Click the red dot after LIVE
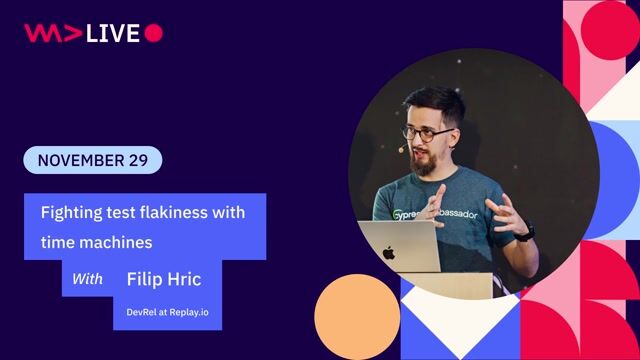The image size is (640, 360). pyautogui.click(x=153, y=33)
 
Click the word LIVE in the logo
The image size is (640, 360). pyautogui.click(x=112, y=33)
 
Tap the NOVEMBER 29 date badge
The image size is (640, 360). pyautogui.click(x=92, y=160)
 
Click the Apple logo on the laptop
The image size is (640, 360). pyautogui.click(x=388, y=253)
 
